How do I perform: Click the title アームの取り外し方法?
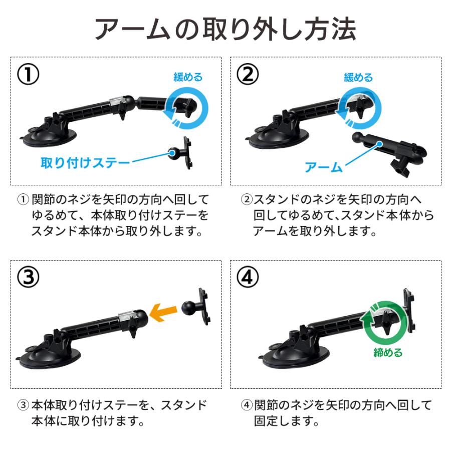[225, 30]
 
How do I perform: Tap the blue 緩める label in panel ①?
[188, 77]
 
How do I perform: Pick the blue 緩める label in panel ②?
[358, 78]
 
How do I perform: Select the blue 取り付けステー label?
[85, 163]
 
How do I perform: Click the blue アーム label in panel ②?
[323, 167]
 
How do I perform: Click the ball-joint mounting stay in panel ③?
[198, 306]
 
